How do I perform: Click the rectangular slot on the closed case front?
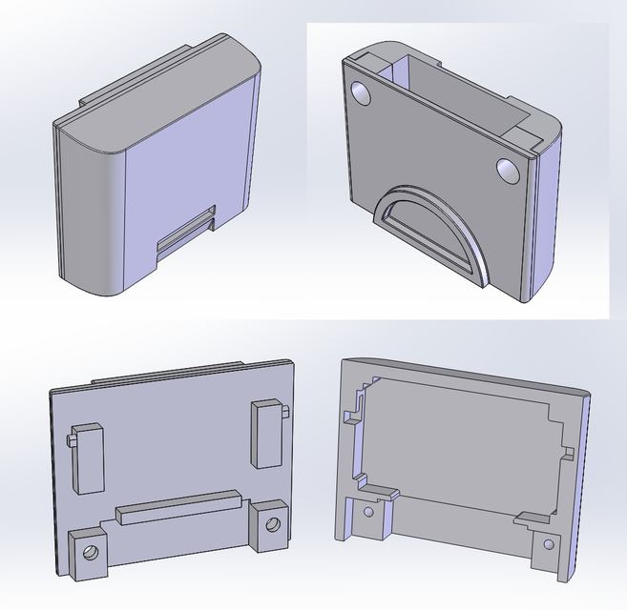point(186,233)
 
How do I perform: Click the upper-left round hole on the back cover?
point(363,92)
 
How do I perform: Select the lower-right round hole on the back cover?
point(508,171)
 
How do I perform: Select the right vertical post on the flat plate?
point(266,435)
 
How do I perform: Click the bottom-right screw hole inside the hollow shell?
point(548,544)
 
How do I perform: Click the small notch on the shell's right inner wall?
point(567,450)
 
